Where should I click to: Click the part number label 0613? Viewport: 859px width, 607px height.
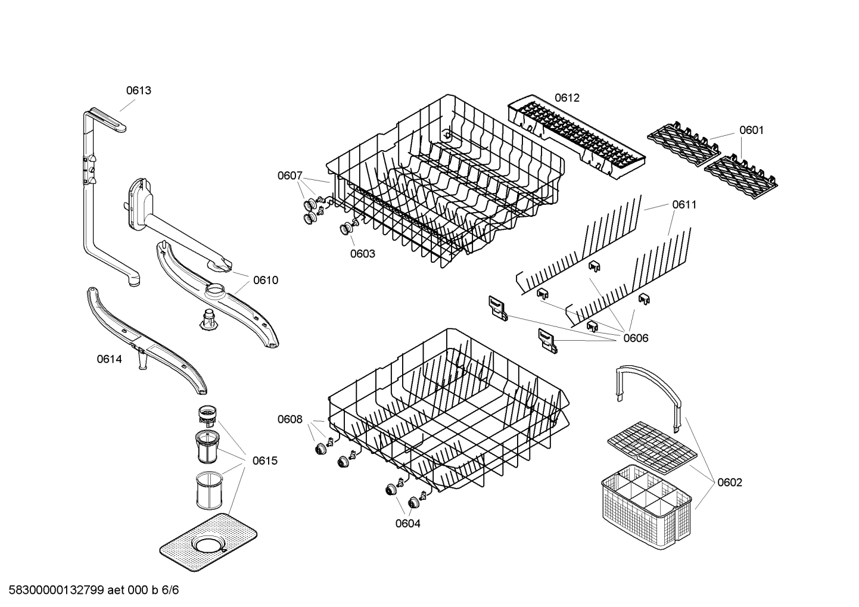[x=138, y=91]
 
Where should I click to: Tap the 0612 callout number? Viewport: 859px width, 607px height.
[x=567, y=98]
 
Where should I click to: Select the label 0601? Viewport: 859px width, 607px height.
[x=751, y=130]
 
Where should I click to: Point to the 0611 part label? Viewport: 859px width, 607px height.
[x=684, y=205]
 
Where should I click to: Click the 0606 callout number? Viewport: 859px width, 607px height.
[x=636, y=338]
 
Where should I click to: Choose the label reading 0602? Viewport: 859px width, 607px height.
[x=730, y=483]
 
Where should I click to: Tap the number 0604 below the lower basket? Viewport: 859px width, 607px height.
[x=407, y=524]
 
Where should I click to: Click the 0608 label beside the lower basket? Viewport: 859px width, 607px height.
[x=290, y=419]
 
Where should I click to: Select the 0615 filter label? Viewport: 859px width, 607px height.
[x=264, y=460]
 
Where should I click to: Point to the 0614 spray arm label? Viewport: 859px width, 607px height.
[x=109, y=359]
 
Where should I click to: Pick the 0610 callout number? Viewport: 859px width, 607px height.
[x=265, y=280]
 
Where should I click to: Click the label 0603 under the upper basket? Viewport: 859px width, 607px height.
[x=362, y=254]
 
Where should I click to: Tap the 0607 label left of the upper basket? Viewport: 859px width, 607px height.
[x=290, y=176]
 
